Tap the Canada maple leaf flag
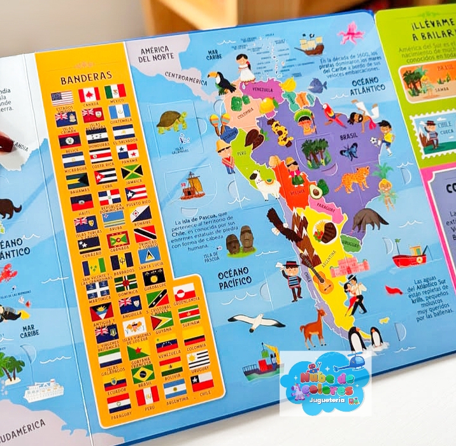click(x=89, y=95)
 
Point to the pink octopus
click(x=351, y=32)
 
